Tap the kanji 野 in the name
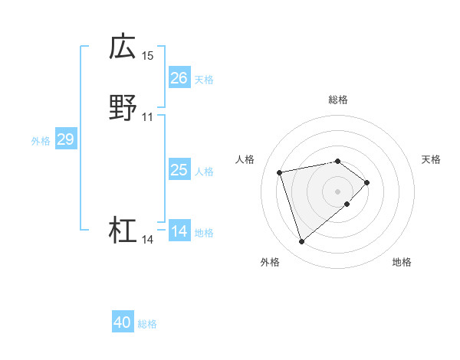tap(123, 107)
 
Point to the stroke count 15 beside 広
tap(148, 56)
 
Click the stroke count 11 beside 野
tap(148, 117)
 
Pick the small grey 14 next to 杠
tap(148, 240)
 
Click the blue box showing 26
tap(179, 78)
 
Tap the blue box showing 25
tap(179, 170)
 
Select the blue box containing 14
tap(179, 231)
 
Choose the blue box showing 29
tap(65, 139)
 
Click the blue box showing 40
tap(123, 323)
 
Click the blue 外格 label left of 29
tap(41, 140)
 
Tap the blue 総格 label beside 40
tap(147, 324)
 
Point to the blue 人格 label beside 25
tap(204, 171)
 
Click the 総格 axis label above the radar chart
tap(338, 100)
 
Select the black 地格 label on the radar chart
tap(402, 263)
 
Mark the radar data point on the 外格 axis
tap(301, 242)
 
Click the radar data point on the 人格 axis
tap(280, 172)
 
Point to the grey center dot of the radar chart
tap(338, 191)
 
